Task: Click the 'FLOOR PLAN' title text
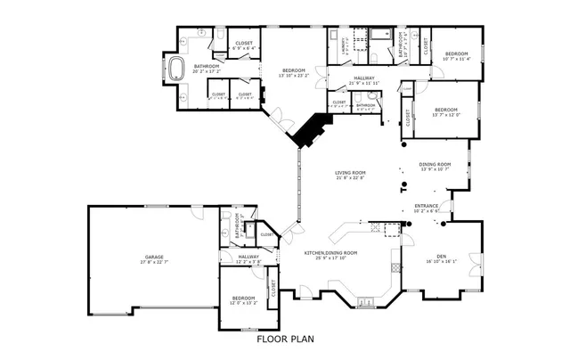tap(285, 339)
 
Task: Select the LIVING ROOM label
tap(350, 173)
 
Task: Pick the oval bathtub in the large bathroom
tap(176, 68)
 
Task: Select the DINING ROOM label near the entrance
tap(436, 165)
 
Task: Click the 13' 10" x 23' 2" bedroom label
tap(294, 70)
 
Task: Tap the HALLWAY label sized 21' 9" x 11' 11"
tap(364, 78)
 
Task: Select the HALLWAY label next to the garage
tap(248, 257)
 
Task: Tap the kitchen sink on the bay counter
tap(366, 303)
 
